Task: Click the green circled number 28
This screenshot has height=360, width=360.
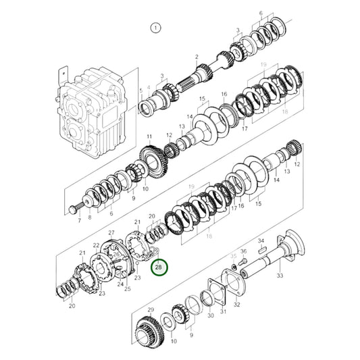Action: [x=158, y=267]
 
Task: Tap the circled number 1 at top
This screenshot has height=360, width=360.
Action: [x=155, y=28]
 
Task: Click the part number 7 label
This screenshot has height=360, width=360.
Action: [x=78, y=220]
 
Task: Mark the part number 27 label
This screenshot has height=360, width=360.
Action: [x=111, y=233]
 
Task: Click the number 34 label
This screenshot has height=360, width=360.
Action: [x=261, y=240]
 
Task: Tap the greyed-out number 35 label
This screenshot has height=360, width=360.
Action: [x=234, y=256]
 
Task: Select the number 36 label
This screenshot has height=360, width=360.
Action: [x=245, y=251]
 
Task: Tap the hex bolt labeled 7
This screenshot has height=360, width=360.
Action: [x=76, y=205]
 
